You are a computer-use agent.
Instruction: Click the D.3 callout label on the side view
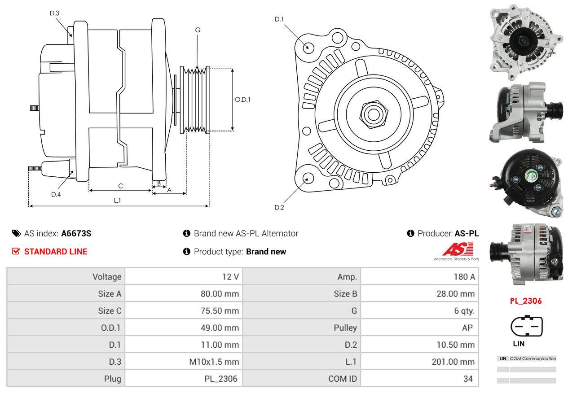coord(54,13)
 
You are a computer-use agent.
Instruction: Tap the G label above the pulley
coord(198,30)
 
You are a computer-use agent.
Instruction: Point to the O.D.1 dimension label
coord(242,100)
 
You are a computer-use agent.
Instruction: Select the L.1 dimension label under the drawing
coord(117,201)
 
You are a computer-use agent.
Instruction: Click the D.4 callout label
coord(56,194)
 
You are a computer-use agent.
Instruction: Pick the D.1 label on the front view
coord(279,19)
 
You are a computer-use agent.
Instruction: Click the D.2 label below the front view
coord(279,207)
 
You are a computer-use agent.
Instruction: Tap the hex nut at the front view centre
coord(371,114)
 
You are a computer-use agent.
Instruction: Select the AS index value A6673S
coord(76,233)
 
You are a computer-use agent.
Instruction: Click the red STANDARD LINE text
coord(56,252)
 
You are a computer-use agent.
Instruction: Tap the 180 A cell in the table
coord(464,277)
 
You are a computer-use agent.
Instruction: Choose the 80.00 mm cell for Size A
coord(220,294)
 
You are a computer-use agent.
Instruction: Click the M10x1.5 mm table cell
coord(214,362)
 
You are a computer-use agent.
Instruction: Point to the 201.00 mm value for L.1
coord(453,362)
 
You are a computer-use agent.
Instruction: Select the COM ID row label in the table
coord(343,379)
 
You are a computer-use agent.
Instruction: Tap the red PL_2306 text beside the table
coord(525,301)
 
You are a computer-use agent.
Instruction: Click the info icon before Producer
coord(410,233)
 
